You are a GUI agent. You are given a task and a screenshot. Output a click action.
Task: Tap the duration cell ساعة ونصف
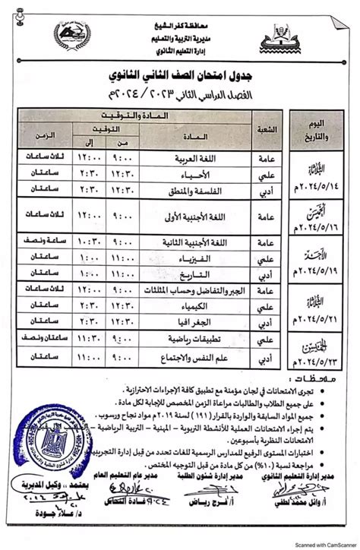[43, 242]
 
